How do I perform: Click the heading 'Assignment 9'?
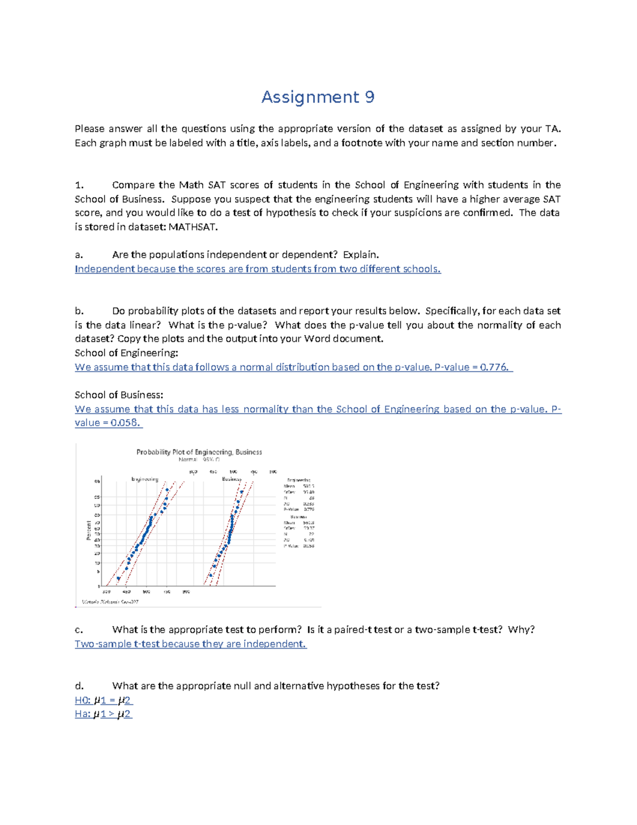pyautogui.click(x=317, y=97)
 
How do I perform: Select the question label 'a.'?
pyautogui.click(x=79, y=254)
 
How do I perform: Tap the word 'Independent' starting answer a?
pyautogui.click(x=105, y=269)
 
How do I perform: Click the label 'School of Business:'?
pyautogui.click(x=119, y=395)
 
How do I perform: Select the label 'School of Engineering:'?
pyautogui.click(x=126, y=353)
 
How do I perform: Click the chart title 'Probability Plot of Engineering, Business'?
pyautogui.click(x=199, y=452)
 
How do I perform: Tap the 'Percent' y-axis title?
pyautogui.click(x=89, y=530)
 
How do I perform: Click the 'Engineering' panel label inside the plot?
pyautogui.click(x=145, y=479)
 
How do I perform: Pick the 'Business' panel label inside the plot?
pyautogui.click(x=231, y=479)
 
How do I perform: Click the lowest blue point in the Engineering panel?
pyautogui.click(x=118, y=579)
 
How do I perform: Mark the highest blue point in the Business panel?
pyautogui.click(x=242, y=492)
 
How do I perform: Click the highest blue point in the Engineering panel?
pyautogui.click(x=167, y=490)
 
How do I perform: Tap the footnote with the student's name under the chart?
pyautogui.click(x=110, y=602)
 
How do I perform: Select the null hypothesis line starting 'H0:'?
pyautogui.click(x=104, y=700)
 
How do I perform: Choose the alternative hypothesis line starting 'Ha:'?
pyautogui.click(x=104, y=714)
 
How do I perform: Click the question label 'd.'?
pyautogui.click(x=79, y=686)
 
